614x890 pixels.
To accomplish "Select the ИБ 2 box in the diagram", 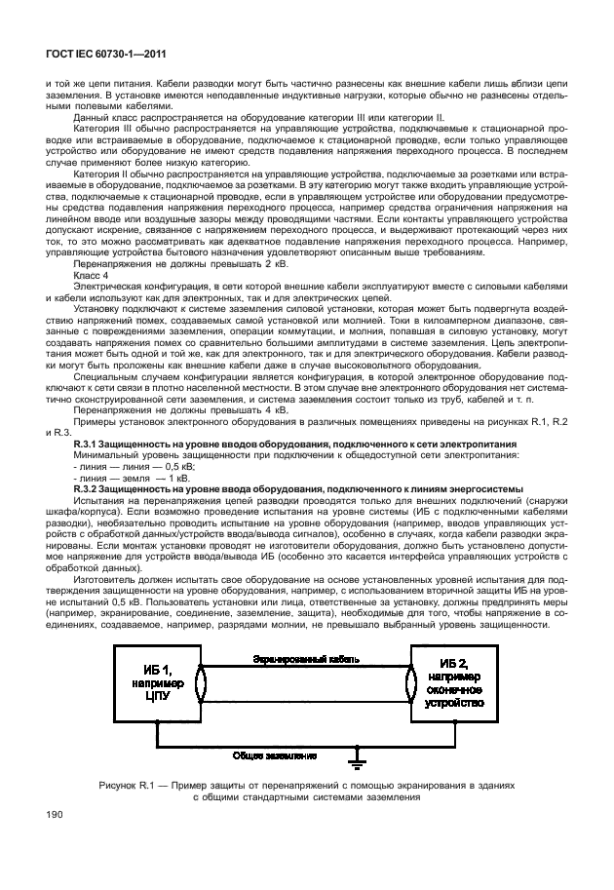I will (449, 688).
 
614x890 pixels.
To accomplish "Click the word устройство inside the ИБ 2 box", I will (449, 703).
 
